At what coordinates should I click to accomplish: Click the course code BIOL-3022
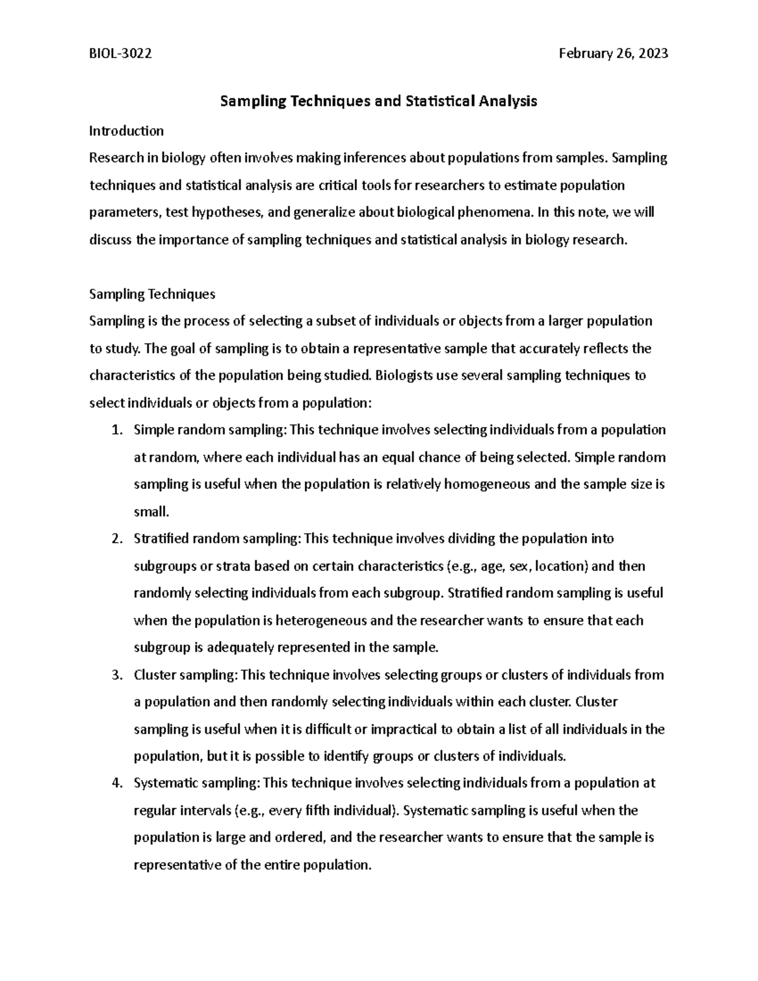click(120, 54)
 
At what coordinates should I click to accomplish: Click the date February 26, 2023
click(613, 54)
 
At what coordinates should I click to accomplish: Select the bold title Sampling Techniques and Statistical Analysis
click(378, 101)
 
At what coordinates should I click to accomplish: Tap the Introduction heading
click(126, 131)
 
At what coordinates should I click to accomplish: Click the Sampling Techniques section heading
click(152, 294)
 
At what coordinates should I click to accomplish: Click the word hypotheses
click(230, 212)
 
